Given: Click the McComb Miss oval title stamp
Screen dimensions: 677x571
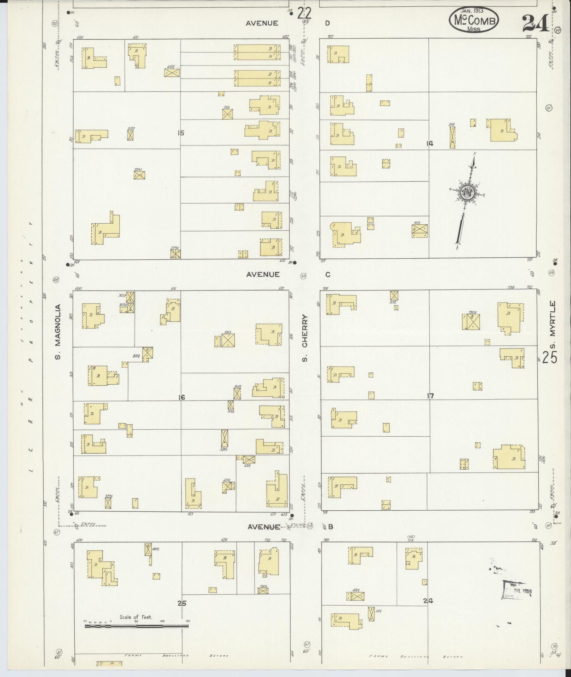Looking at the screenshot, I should pyautogui.click(x=474, y=20).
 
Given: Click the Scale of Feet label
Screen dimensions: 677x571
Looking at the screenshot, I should pyautogui.click(x=136, y=617).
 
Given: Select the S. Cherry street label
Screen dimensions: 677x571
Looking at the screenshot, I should pyautogui.click(x=304, y=339).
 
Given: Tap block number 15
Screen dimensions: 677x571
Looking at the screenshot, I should pyautogui.click(x=181, y=133).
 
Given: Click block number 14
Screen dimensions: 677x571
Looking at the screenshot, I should pyautogui.click(x=430, y=144).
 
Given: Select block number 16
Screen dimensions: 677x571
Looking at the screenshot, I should pyautogui.click(x=182, y=398).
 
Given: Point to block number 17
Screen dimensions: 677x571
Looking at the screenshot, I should pyautogui.click(x=430, y=396).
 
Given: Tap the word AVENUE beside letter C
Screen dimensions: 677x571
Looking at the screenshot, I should pyautogui.click(x=263, y=274).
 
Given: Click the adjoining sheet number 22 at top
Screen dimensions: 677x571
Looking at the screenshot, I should pyautogui.click(x=304, y=14).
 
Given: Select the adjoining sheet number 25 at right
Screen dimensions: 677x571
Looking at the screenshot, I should pyautogui.click(x=549, y=357).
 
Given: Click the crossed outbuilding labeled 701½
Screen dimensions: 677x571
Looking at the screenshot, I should pyautogui.click(x=420, y=230).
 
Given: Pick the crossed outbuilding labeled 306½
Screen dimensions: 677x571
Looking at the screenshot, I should pyautogui.click(x=228, y=340).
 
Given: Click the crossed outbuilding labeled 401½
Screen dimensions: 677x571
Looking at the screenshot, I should pyautogui.click(x=355, y=596).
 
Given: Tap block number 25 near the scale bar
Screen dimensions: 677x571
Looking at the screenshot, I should pyautogui.click(x=182, y=603).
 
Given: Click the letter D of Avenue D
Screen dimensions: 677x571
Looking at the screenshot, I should pyautogui.click(x=327, y=23).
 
